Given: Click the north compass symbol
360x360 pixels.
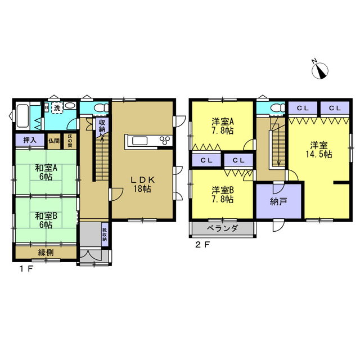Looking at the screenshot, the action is (x=320, y=70).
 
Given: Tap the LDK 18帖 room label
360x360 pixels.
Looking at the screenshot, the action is (x=142, y=184).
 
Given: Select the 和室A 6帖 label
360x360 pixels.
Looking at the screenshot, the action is (x=46, y=172).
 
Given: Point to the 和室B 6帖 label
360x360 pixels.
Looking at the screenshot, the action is (x=46, y=220).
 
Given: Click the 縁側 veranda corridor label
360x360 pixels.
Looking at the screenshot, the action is (x=46, y=253).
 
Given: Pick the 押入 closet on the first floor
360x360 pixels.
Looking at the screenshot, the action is (x=30, y=140).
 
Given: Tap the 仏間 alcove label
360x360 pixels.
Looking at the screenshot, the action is (x=54, y=141).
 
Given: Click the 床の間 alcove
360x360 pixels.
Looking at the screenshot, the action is (x=70, y=141).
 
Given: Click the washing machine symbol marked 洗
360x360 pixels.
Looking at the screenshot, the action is (x=57, y=108).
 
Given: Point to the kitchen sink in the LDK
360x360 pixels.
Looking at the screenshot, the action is (x=139, y=141).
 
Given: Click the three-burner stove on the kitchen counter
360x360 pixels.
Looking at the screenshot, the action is (x=166, y=140).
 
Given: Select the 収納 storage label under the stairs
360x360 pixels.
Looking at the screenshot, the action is (x=102, y=126).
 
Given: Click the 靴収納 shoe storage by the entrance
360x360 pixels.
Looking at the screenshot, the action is (x=105, y=235).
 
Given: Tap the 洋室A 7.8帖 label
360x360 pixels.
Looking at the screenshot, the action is (x=223, y=126).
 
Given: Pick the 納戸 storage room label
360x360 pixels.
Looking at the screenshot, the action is (x=278, y=201).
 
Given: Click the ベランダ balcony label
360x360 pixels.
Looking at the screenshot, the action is (x=223, y=228).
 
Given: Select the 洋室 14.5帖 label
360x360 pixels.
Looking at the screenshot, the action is (x=319, y=150).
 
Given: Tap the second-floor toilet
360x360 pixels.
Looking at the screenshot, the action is (x=277, y=107).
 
